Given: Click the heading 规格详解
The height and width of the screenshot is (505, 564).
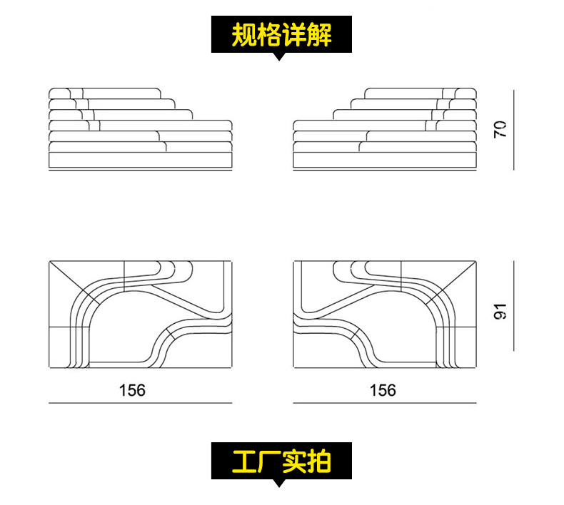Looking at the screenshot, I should pyautogui.click(x=281, y=34).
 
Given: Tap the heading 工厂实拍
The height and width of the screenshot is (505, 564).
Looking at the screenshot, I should pyautogui.click(x=281, y=461).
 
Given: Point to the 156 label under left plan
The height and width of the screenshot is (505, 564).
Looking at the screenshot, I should pyautogui.click(x=132, y=390).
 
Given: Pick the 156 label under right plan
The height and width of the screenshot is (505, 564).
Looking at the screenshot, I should pyautogui.click(x=383, y=390).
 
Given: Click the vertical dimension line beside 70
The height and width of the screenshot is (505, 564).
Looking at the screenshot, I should pyautogui.click(x=513, y=130).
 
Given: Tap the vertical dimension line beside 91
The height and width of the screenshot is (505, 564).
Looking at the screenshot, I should pyautogui.click(x=513, y=305).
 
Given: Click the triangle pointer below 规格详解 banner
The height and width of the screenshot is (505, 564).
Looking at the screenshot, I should pyautogui.click(x=280, y=57).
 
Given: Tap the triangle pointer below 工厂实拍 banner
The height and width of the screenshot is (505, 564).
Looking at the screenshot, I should pyautogui.click(x=280, y=484).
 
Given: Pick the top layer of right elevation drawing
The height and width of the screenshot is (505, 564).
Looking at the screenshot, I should pyautogui.click(x=420, y=93).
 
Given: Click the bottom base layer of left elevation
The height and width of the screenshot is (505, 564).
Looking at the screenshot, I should pyautogui.click(x=141, y=161).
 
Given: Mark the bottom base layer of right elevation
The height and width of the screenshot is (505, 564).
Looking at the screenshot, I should pyautogui.click(x=385, y=161).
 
